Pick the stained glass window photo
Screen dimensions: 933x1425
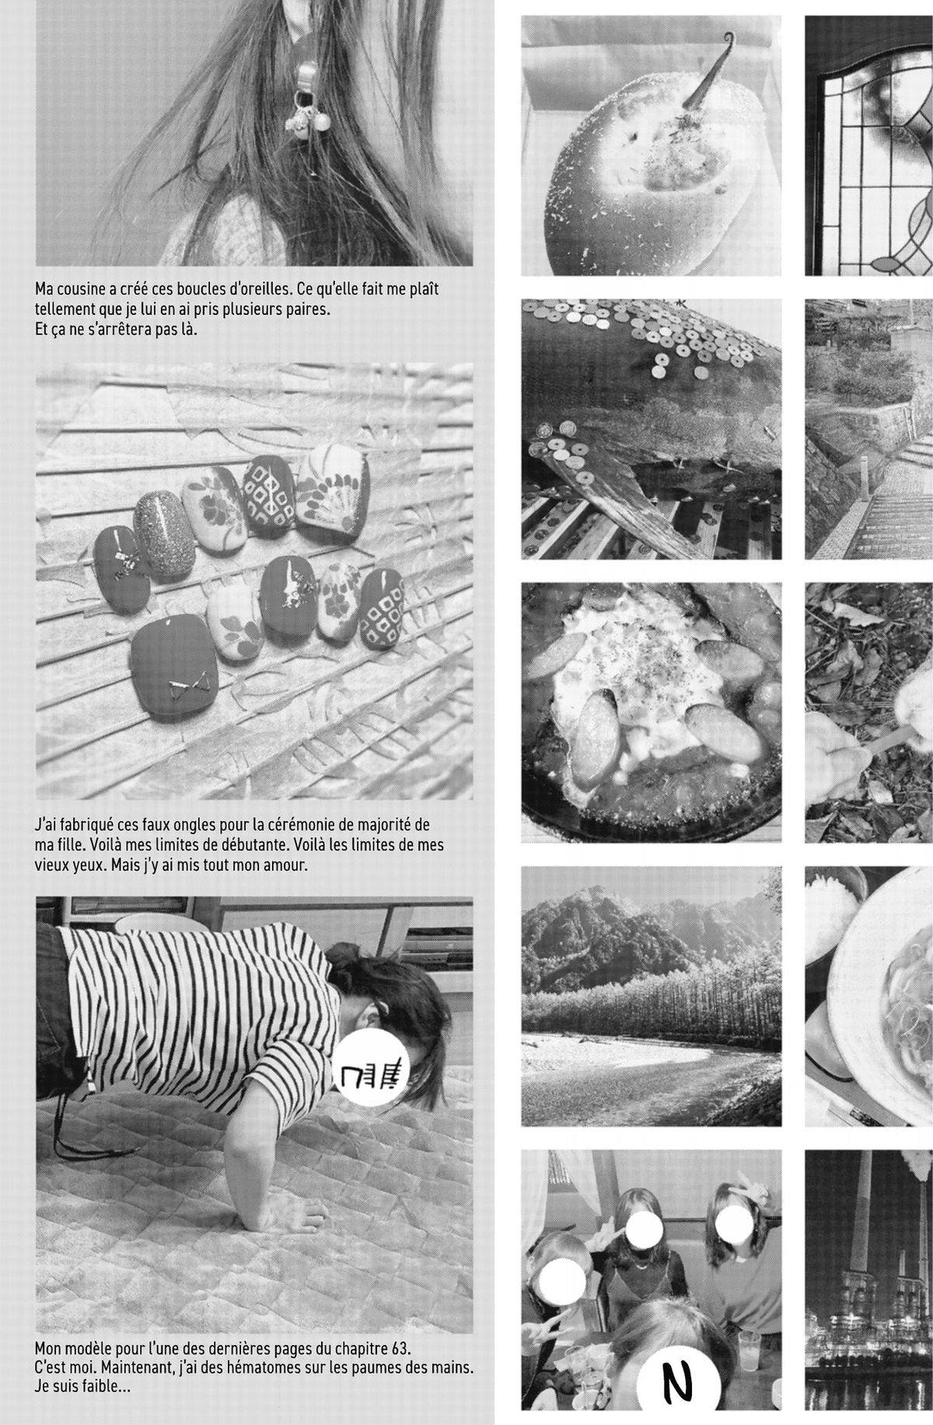pos(868,145)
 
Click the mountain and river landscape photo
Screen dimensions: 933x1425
pos(651,996)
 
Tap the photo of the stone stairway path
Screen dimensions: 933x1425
pos(868,429)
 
